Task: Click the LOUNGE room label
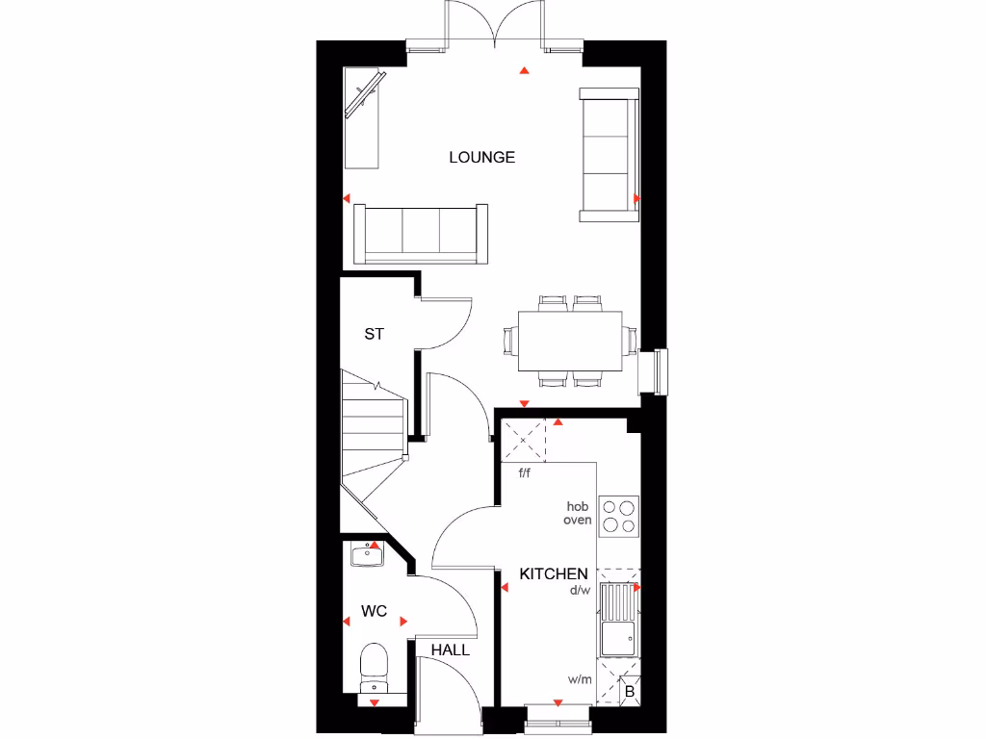point(481,157)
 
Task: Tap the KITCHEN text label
point(554,573)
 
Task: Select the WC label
point(374,611)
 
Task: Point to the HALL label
point(450,650)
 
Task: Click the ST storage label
point(374,334)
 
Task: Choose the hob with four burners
point(618,516)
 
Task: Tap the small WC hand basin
point(367,554)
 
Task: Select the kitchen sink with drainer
point(617,620)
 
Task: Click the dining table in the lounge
point(569,341)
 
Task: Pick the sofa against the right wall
point(608,154)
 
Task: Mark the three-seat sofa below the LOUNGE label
point(421,233)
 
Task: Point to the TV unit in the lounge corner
point(363,118)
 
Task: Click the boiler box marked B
point(629,691)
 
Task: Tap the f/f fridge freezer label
point(525,472)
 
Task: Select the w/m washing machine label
point(579,679)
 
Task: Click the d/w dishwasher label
point(579,591)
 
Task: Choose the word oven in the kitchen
point(578,520)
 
